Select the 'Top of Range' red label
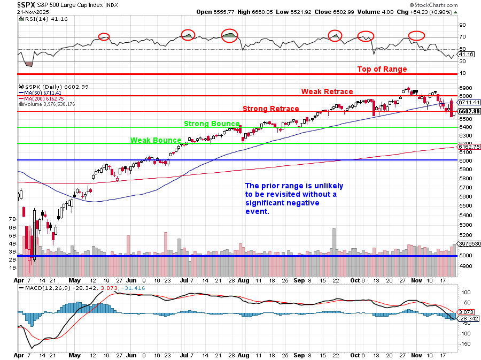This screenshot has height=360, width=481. pos(382,69)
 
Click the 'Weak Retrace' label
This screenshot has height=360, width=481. pos(327,91)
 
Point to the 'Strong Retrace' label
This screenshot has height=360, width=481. pos(270,109)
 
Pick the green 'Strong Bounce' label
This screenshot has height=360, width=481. pos(212,124)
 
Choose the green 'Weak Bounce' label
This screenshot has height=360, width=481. pos(156,140)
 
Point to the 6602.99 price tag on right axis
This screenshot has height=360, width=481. pos(468,111)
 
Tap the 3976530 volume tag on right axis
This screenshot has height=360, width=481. pos(468,243)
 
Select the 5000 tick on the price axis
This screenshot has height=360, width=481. pos(466,255)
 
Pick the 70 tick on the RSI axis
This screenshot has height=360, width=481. pos(462,37)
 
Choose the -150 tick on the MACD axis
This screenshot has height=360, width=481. pos(464,343)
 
